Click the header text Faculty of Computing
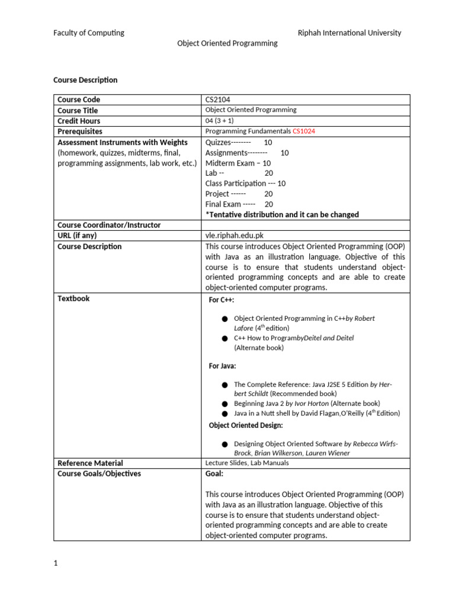(x=89, y=33)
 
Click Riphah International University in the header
(x=349, y=33)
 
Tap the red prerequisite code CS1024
(x=308, y=131)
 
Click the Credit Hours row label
(x=79, y=121)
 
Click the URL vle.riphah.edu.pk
(x=234, y=236)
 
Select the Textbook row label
(x=73, y=298)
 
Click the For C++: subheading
(x=222, y=300)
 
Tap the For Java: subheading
(x=223, y=366)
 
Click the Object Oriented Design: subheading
(x=246, y=425)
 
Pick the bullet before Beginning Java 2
(x=225, y=404)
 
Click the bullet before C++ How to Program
(x=225, y=339)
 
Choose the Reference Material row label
(x=90, y=463)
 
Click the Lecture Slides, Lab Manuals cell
(x=247, y=463)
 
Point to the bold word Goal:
(x=214, y=473)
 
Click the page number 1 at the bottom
(x=56, y=563)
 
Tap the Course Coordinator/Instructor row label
(x=109, y=225)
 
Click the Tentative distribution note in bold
(x=282, y=214)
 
